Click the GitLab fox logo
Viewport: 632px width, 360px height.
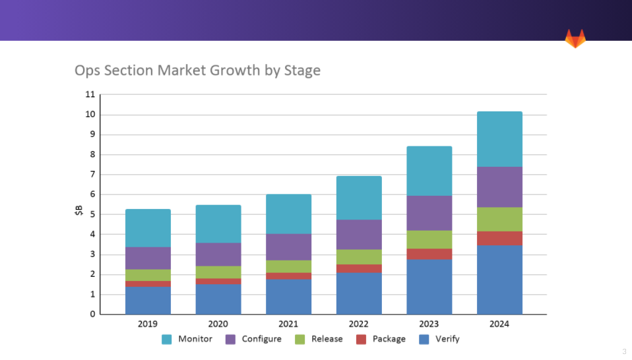pos(575,38)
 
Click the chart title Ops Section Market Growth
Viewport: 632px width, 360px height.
pos(197,70)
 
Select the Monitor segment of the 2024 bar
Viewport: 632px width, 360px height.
pos(499,139)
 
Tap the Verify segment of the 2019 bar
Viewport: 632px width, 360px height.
pos(148,301)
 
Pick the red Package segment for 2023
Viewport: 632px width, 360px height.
pos(429,254)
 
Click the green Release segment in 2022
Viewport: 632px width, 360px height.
pos(359,256)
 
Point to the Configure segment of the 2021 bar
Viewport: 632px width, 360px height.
pos(288,247)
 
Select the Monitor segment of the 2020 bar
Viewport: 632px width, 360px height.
pos(218,224)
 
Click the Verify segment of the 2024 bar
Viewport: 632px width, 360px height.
pos(499,280)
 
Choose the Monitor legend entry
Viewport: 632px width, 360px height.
pos(187,339)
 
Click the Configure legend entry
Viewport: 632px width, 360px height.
pos(253,339)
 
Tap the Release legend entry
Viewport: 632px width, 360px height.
pos(319,339)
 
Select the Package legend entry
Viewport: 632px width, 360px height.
pos(381,339)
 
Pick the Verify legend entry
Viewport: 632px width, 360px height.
pos(439,339)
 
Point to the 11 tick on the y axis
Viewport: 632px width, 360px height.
pos(90,94)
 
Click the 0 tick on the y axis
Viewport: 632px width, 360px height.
pos(92,315)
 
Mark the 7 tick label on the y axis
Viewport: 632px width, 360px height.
pos(92,175)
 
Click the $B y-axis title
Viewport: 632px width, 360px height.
pos(79,212)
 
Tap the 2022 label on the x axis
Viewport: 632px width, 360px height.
pos(359,324)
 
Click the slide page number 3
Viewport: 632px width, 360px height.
pos(623,351)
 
